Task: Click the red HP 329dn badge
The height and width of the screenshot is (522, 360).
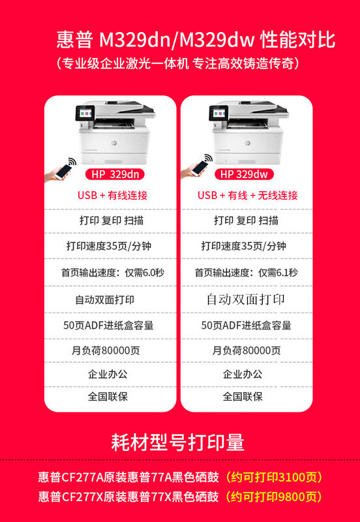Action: (x=115, y=174)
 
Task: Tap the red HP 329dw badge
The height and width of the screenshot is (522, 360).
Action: (x=244, y=174)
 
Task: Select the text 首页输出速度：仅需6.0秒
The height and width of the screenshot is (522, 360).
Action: (x=112, y=273)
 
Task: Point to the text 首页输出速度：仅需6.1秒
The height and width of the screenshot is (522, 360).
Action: (x=247, y=273)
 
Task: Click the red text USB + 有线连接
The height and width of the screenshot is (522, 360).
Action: (x=112, y=195)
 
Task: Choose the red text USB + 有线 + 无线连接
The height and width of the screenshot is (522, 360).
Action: (x=248, y=195)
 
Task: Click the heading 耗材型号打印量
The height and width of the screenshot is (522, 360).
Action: (x=178, y=442)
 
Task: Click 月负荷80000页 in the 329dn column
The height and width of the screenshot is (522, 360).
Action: (x=106, y=350)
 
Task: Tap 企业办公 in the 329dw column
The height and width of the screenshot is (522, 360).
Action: (x=243, y=374)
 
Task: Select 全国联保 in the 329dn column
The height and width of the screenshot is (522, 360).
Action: (x=108, y=397)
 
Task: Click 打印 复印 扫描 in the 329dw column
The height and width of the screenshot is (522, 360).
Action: (x=246, y=221)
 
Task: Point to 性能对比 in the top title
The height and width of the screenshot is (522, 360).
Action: (x=297, y=40)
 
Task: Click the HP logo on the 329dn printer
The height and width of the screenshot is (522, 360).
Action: (x=113, y=143)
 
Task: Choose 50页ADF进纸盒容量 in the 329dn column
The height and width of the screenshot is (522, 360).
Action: (x=108, y=325)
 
